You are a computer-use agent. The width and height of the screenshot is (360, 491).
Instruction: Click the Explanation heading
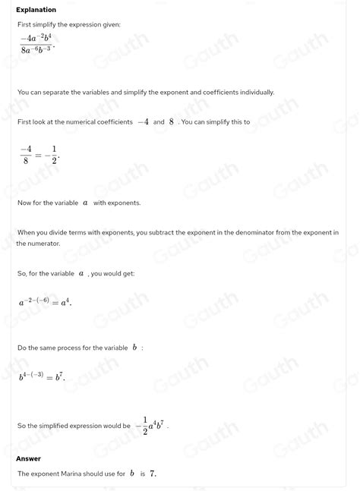tap(36, 10)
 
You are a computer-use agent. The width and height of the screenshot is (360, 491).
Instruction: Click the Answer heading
tap(28, 458)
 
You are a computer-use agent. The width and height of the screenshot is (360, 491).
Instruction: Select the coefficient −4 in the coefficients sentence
tap(142, 121)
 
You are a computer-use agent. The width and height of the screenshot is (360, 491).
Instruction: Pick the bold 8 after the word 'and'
tap(172, 121)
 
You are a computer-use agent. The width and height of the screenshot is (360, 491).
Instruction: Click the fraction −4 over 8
tap(26, 156)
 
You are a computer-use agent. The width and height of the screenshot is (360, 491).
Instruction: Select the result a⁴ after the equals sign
tap(66, 302)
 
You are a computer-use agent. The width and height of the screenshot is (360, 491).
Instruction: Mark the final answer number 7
tap(153, 474)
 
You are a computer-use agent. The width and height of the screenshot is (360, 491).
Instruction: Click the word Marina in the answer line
tap(80, 474)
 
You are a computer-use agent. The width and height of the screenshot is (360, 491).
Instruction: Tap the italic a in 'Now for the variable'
tap(85, 203)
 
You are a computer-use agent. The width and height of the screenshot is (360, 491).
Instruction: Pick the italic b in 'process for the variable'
tap(134, 348)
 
